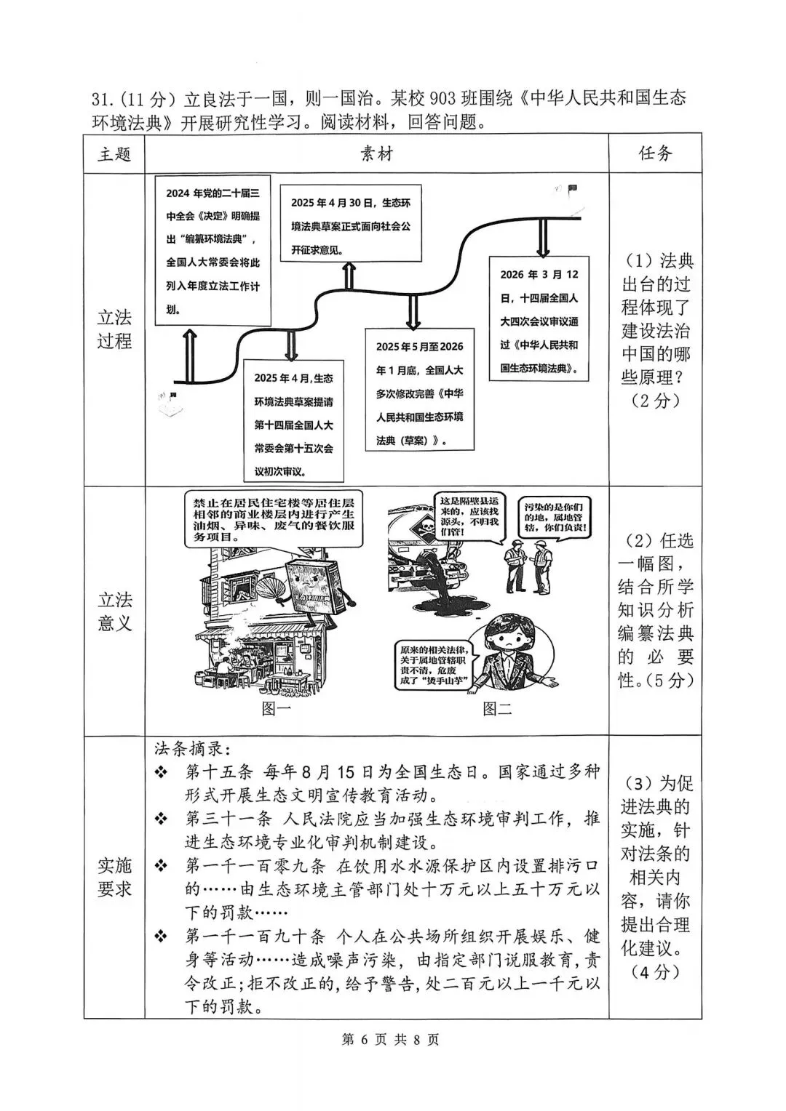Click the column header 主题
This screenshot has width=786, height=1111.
click(x=114, y=154)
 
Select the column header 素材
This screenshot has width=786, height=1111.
click(x=376, y=154)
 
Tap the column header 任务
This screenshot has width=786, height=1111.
click(x=655, y=154)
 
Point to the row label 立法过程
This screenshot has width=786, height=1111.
click(x=114, y=329)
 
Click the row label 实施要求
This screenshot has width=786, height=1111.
click(x=114, y=877)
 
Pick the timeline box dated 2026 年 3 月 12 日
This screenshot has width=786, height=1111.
click(x=539, y=321)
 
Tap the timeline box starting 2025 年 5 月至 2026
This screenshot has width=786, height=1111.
click(x=419, y=393)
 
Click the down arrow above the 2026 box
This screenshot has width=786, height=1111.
click(x=543, y=238)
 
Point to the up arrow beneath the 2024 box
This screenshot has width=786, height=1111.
click(x=190, y=355)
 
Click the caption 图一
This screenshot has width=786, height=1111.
click(x=276, y=709)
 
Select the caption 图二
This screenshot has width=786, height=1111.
click(x=498, y=709)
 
